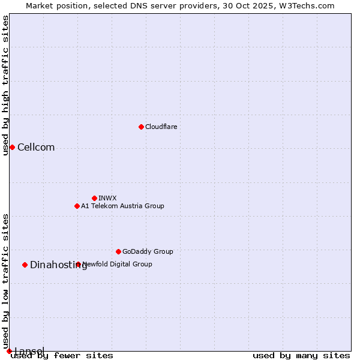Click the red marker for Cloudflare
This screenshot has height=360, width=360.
141,127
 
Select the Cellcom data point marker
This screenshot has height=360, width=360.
12,147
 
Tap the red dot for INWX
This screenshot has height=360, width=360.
94,198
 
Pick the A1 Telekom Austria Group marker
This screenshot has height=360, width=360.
77,206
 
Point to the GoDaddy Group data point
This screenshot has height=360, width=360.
118,251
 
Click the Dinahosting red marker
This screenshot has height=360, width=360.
25,265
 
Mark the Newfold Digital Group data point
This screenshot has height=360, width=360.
78,264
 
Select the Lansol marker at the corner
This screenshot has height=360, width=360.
9,351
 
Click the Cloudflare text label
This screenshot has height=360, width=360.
161,127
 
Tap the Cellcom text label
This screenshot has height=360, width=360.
36,148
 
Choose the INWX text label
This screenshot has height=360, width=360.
107,198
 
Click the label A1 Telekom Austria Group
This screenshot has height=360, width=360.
122,206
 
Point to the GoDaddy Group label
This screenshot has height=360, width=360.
148,251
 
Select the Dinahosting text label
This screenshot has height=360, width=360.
58,265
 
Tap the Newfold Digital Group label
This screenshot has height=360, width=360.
118,264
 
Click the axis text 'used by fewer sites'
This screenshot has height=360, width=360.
62,355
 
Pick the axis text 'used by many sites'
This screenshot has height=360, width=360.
301,355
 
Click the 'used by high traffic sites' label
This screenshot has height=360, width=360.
5,85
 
